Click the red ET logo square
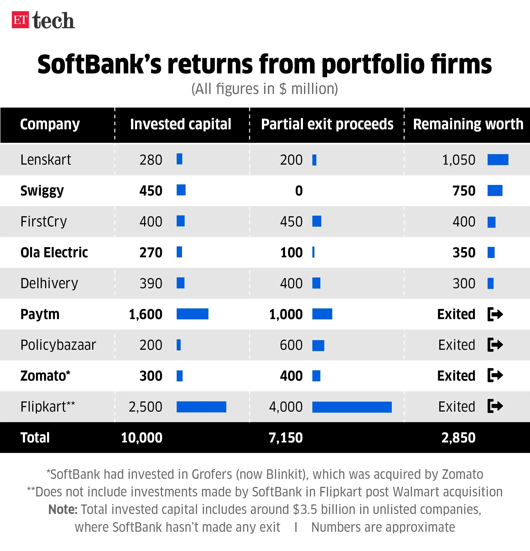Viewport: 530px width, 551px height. click(20, 20)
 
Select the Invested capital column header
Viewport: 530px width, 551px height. click(180, 124)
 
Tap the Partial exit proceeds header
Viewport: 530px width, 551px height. click(327, 124)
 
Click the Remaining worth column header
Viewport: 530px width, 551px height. click(468, 124)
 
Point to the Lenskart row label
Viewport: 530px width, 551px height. click(46, 160)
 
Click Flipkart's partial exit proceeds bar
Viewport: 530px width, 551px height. click(352, 407)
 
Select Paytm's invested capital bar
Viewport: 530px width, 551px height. click(192, 314)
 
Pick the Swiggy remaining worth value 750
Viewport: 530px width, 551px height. click(464, 191)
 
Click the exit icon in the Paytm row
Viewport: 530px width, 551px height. click(495, 314)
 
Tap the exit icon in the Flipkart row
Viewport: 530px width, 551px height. click(495, 406)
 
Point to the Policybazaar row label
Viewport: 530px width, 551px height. click(58, 345)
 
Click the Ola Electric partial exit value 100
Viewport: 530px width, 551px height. click(291, 252)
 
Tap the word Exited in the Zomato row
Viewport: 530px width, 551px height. click(456, 376)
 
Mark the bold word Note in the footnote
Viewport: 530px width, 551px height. click(63, 509)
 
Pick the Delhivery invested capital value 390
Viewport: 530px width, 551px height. click(151, 283)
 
